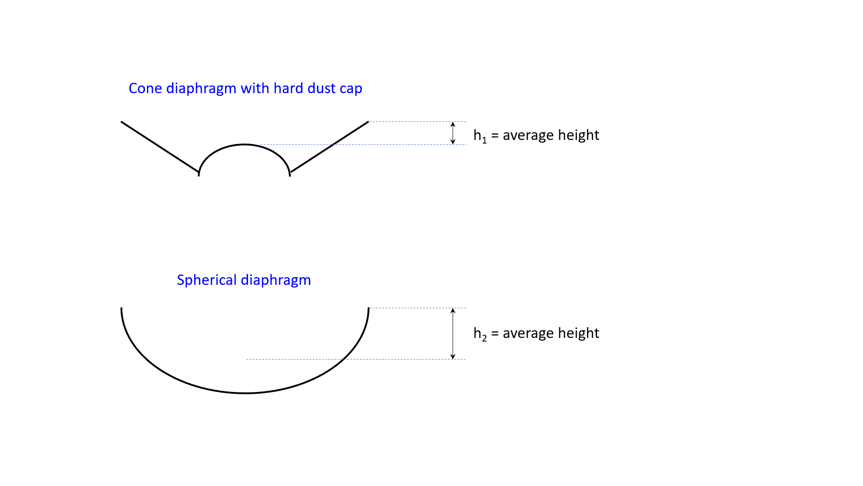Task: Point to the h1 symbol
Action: coord(480,136)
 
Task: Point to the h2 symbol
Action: coord(480,334)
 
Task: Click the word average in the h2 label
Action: coord(528,333)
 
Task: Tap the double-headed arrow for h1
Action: coord(453,133)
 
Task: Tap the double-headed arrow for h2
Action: coord(453,333)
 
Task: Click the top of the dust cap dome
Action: coord(244,144)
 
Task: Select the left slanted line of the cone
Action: coord(160,147)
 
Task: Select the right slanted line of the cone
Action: coord(329,147)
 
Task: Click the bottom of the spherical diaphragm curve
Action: coord(245,393)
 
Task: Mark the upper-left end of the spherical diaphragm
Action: coord(121,308)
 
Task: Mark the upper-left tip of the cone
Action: coord(121,121)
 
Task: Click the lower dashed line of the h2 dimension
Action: coord(356,359)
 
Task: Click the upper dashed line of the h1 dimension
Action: coord(418,121)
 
